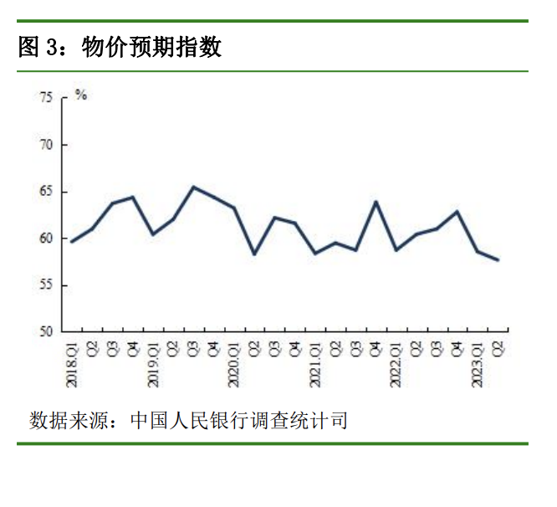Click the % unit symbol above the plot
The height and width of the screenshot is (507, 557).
80,95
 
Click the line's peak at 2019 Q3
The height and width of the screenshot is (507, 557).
193,187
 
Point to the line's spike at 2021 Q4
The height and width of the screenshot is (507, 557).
376,202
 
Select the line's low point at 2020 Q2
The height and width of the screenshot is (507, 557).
254,253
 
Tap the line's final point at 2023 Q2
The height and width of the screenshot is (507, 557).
499,260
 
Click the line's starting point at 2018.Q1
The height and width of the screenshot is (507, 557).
71,242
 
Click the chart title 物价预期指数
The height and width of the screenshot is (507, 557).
151,49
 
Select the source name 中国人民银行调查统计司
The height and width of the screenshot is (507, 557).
238,420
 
